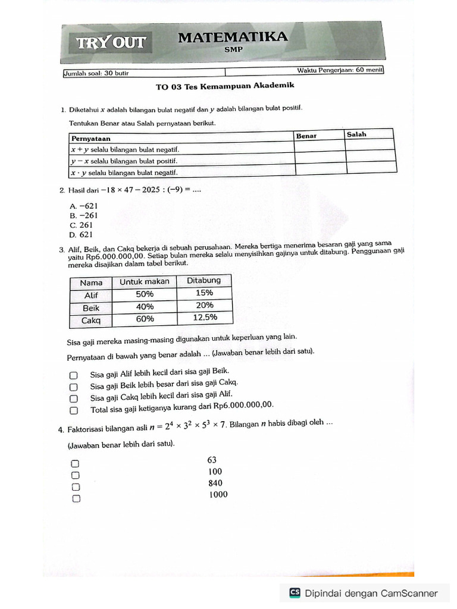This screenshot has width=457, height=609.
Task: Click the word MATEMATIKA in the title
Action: coord(233,37)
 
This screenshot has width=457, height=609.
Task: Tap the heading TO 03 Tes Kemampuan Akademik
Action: coord(225,86)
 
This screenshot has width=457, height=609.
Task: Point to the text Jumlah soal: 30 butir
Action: coord(96,73)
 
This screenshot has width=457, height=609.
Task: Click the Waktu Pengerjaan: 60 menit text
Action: coord(340,70)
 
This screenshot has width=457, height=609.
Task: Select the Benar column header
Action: coord(306,136)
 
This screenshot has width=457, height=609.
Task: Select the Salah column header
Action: coord(356,134)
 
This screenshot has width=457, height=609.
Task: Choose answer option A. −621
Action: coord(83,206)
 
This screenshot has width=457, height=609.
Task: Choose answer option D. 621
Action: coord(82,235)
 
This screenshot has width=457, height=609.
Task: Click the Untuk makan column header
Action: coord(145,281)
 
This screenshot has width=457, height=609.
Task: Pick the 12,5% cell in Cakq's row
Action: coord(205,318)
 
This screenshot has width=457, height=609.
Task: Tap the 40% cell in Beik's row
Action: coord(145,307)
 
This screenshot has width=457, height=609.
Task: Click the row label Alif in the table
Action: coord(91,295)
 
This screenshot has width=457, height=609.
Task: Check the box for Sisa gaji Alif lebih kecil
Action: coord(73,375)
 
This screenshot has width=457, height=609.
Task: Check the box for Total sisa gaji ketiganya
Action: coord(73,410)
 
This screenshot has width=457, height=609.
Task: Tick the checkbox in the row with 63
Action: coord(76,463)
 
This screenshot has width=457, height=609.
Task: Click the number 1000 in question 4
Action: coord(218,494)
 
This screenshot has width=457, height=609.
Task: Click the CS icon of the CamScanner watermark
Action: coord(295,592)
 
